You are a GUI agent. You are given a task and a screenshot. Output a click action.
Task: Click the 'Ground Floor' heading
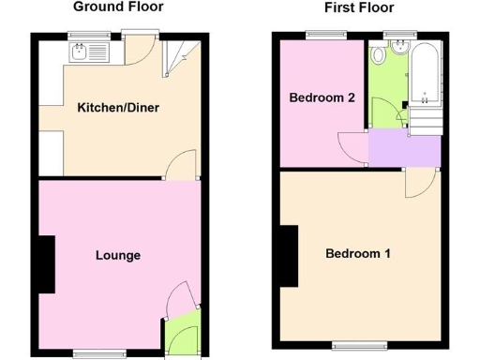click(x=118, y=7)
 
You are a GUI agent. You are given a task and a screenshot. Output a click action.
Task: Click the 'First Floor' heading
click(x=359, y=7)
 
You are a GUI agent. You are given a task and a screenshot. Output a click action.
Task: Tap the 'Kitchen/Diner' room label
click(x=118, y=108)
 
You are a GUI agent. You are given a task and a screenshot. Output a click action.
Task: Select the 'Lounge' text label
click(x=118, y=255)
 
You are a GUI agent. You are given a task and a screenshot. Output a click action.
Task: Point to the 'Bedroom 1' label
click(x=359, y=254)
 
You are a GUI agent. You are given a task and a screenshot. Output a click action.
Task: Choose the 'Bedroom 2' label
click(x=322, y=97)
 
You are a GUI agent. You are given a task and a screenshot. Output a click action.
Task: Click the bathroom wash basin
click(x=398, y=49)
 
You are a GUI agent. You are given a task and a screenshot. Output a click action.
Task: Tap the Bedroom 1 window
click(x=359, y=344)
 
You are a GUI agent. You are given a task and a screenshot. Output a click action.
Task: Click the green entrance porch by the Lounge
click(x=182, y=336)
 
